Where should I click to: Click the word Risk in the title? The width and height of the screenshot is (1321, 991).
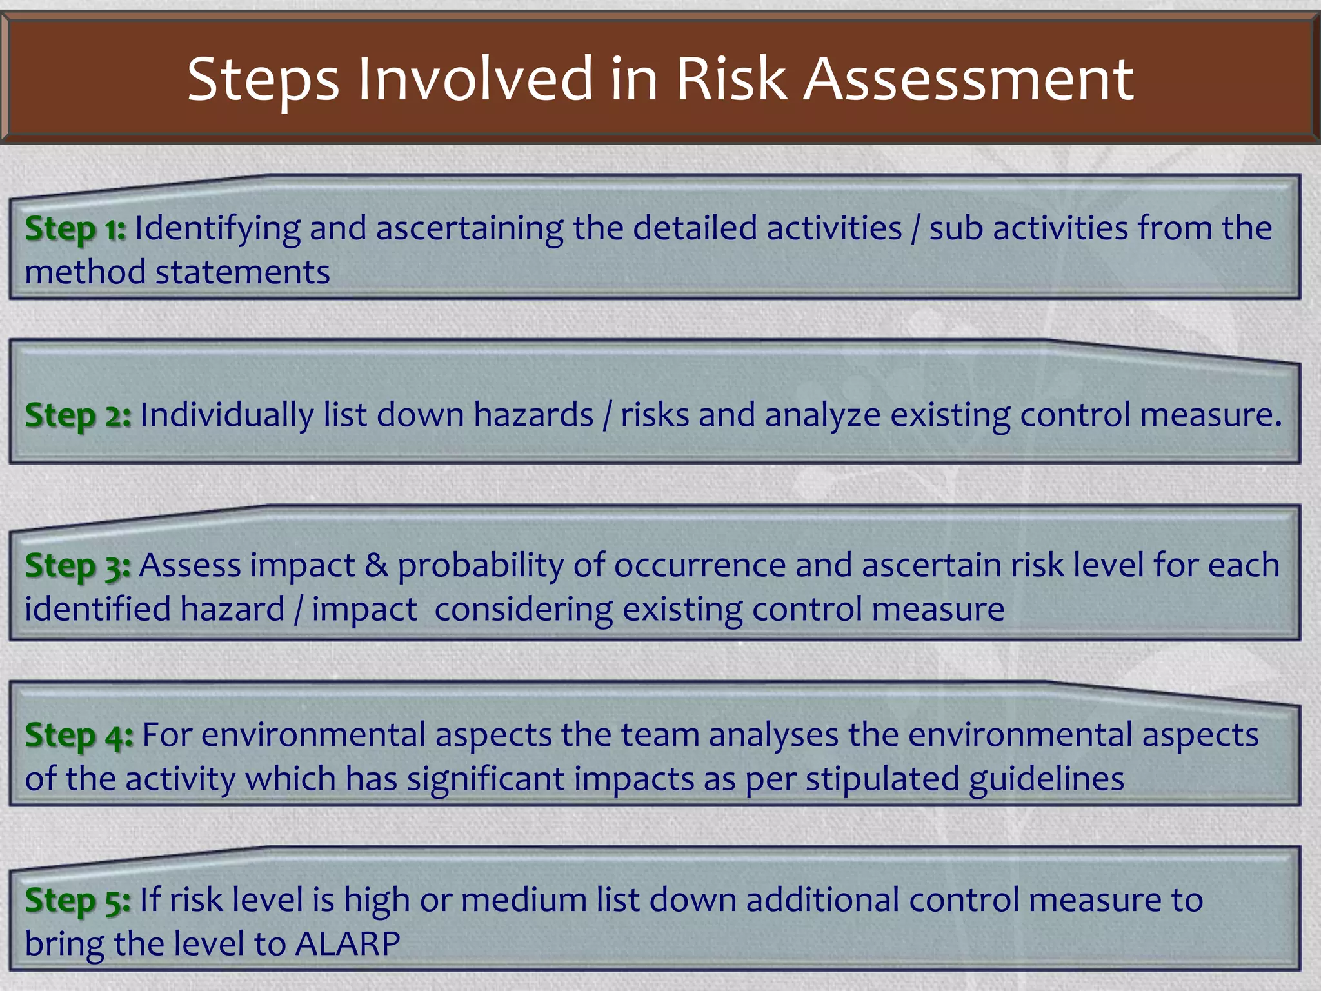pos(731,79)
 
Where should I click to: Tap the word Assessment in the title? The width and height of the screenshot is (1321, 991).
pos(968,79)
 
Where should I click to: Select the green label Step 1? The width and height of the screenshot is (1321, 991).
pos(75,228)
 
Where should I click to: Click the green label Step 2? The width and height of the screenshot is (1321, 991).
pos(78,415)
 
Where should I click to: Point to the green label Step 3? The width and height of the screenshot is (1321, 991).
pos(78,566)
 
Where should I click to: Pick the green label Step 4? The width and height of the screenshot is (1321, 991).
pos(79,736)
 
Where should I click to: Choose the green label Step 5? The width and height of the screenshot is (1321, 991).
pos(78,900)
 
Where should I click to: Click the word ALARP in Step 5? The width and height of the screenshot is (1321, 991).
pos(348,944)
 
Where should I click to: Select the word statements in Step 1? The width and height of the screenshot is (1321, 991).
pos(243,272)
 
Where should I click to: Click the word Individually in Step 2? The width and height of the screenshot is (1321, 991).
pos(226,415)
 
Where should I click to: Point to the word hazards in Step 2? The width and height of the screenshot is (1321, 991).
pos(533,415)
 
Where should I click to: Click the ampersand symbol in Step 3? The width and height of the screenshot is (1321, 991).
pos(376,566)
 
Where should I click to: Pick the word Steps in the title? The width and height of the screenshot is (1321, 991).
pos(263,80)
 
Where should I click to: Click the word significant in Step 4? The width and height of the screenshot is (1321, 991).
pos(486,779)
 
